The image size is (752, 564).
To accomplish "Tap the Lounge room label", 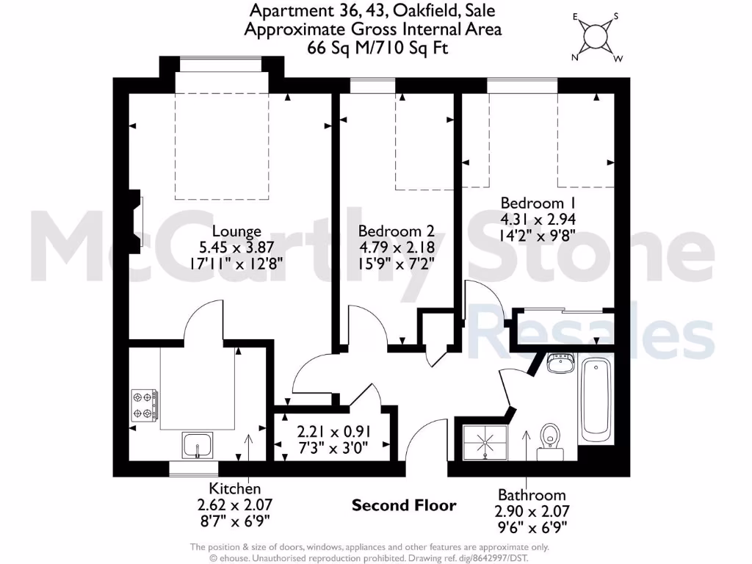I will pyautogui.click(x=236, y=231).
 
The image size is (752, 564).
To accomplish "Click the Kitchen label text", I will pyautogui.click(x=234, y=488).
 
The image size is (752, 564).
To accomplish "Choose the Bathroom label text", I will pyautogui.click(x=532, y=494).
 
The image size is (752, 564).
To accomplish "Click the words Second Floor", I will pyautogui.click(x=404, y=505).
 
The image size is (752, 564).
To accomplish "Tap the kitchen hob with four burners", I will pyautogui.click(x=145, y=405).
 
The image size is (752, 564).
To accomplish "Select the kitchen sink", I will pyautogui.click(x=198, y=445).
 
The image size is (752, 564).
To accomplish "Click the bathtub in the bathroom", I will pyautogui.click(x=596, y=399).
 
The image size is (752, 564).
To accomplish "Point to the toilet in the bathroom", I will pyautogui.click(x=549, y=439).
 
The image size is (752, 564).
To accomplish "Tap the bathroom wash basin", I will pyautogui.click(x=562, y=362).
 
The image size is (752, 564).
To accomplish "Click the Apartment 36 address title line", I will pyautogui.click(x=373, y=11).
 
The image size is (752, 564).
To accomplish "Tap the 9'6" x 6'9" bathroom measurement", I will pyautogui.click(x=532, y=527).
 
